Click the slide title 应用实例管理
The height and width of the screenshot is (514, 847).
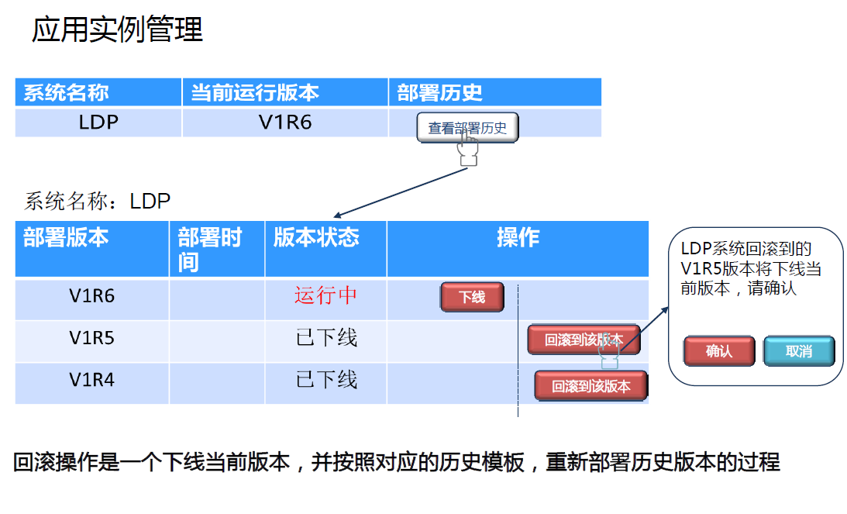[x=117, y=30]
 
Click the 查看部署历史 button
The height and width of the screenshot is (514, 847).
[x=467, y=128]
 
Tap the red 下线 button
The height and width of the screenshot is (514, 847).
[x=472, y=297]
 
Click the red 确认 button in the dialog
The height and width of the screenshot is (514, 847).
[x=718, y=351]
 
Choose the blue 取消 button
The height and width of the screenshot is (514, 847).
[x=798, y=351]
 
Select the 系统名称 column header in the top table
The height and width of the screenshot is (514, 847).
[x=66, y=93]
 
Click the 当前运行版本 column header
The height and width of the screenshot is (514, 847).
[x=255, y=93]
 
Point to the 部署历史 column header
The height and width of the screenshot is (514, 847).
[x=439, y=93]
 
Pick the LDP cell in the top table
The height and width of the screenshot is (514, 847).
[x=98, y=122]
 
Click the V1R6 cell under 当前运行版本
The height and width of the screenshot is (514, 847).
[x=285, y=122]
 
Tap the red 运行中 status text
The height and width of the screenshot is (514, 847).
[x=325, y=295]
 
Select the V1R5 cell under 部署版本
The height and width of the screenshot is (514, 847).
[x=92, y=338]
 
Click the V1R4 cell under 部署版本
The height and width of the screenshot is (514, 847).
[x=92, y=380]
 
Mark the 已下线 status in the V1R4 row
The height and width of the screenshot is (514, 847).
[x=326, y=380]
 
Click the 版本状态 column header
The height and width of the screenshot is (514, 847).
[x=316, y=237]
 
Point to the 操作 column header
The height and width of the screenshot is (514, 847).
[x=518, y=237]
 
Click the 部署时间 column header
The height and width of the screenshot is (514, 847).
[x=209, y=249]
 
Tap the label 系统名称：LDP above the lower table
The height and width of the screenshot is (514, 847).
[x=98, y=202]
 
